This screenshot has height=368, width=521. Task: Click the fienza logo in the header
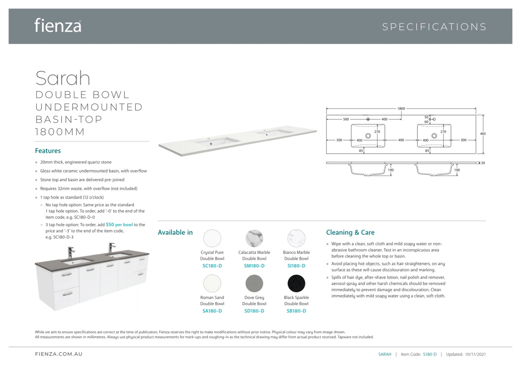[x=58, y=26]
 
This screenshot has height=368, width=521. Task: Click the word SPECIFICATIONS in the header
[x=434, y=27]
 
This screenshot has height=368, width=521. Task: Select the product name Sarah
[x=63, y=78]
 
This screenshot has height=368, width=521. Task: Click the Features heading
[x=48, y=151]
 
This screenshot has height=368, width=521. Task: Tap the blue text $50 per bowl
[x=119, y=225]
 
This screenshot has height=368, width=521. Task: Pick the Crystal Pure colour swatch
[x=212, y=238]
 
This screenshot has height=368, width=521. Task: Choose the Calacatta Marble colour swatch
[x=254, y=238]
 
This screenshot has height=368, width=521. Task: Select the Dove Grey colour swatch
[x=254, y=283]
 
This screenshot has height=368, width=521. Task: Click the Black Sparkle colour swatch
[x=296, y=283]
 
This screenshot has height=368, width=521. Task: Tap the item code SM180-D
[x=254, y=266]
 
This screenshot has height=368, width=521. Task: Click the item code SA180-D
[x=212, y=311]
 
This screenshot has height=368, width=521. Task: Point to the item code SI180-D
[x=296, y=266]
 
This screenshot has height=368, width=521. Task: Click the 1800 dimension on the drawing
[x=401, y=109]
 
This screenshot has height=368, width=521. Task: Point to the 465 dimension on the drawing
[x=483, y=134]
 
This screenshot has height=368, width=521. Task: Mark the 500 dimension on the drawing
[x=346, y=119]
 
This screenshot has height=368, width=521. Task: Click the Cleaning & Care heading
[x=350, y=232]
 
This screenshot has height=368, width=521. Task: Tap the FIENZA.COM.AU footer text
[x=59, y=354]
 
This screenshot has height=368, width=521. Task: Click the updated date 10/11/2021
[x=475, y=354]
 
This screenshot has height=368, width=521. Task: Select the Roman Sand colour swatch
[x=212, y=283]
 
